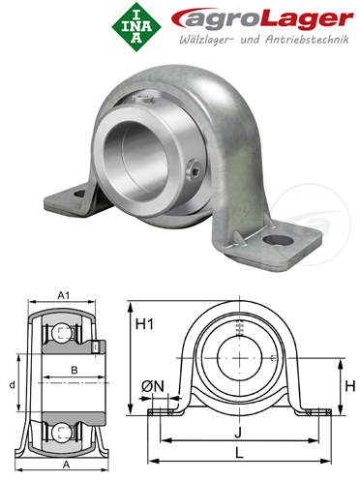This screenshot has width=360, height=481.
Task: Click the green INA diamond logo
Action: pos(136,27)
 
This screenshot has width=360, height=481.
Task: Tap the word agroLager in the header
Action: pos(262,19)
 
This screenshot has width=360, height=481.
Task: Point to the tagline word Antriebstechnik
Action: pos(307,40)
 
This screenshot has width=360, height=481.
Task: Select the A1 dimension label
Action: pos(63,295)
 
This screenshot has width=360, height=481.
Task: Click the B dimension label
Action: pos(75,370)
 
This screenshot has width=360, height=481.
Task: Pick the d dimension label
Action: pos(12,384)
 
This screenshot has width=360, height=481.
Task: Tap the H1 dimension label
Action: pos(144,324)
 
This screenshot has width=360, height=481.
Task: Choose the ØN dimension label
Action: pos(153,386)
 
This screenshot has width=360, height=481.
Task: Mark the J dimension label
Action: pos(238,433)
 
